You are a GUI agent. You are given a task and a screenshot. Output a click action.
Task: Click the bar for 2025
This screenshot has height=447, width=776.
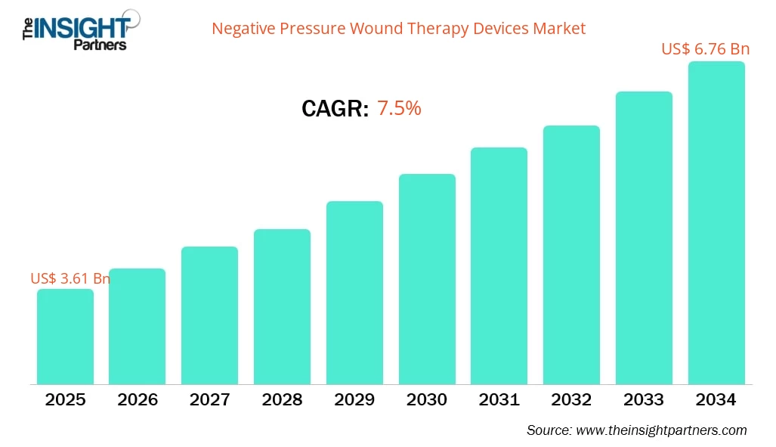click(x=65, y=337)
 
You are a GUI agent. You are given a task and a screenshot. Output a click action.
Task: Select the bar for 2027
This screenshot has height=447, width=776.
click(x=209, y=315)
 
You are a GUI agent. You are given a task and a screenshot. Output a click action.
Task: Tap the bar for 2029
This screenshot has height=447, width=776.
click(x=354, y=293)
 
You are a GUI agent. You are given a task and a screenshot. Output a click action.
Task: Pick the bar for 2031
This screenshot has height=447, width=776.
click(x=499, y=265)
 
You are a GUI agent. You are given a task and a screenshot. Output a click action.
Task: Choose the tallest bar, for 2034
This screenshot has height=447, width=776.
click(x=716, y=223)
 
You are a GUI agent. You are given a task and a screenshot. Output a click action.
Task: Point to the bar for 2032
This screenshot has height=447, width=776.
click(x=571, y=255)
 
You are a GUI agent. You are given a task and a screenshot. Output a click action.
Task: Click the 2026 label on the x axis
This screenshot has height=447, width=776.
click(x=138, y=399)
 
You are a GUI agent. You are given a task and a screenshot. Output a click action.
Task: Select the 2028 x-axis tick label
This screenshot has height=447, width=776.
click(x=282, y=399)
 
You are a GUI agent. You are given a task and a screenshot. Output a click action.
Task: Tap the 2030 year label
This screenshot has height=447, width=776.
click(x=427, y=399)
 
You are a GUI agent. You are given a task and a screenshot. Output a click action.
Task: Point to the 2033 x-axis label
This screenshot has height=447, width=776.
click(x=644, y=399)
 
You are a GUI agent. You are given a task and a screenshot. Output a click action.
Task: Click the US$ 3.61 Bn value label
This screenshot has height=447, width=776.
click(x=70, y=278)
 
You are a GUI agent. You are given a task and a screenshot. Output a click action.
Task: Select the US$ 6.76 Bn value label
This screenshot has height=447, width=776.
click(x=705, y=49)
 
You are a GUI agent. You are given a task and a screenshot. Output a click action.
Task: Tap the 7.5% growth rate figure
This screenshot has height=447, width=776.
click(x=398, y=108)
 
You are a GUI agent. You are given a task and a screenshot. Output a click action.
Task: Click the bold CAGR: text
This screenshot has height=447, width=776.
click(x=335, y=109)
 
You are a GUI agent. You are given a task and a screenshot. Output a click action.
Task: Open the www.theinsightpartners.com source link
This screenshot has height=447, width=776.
click(x=661, y=430)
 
